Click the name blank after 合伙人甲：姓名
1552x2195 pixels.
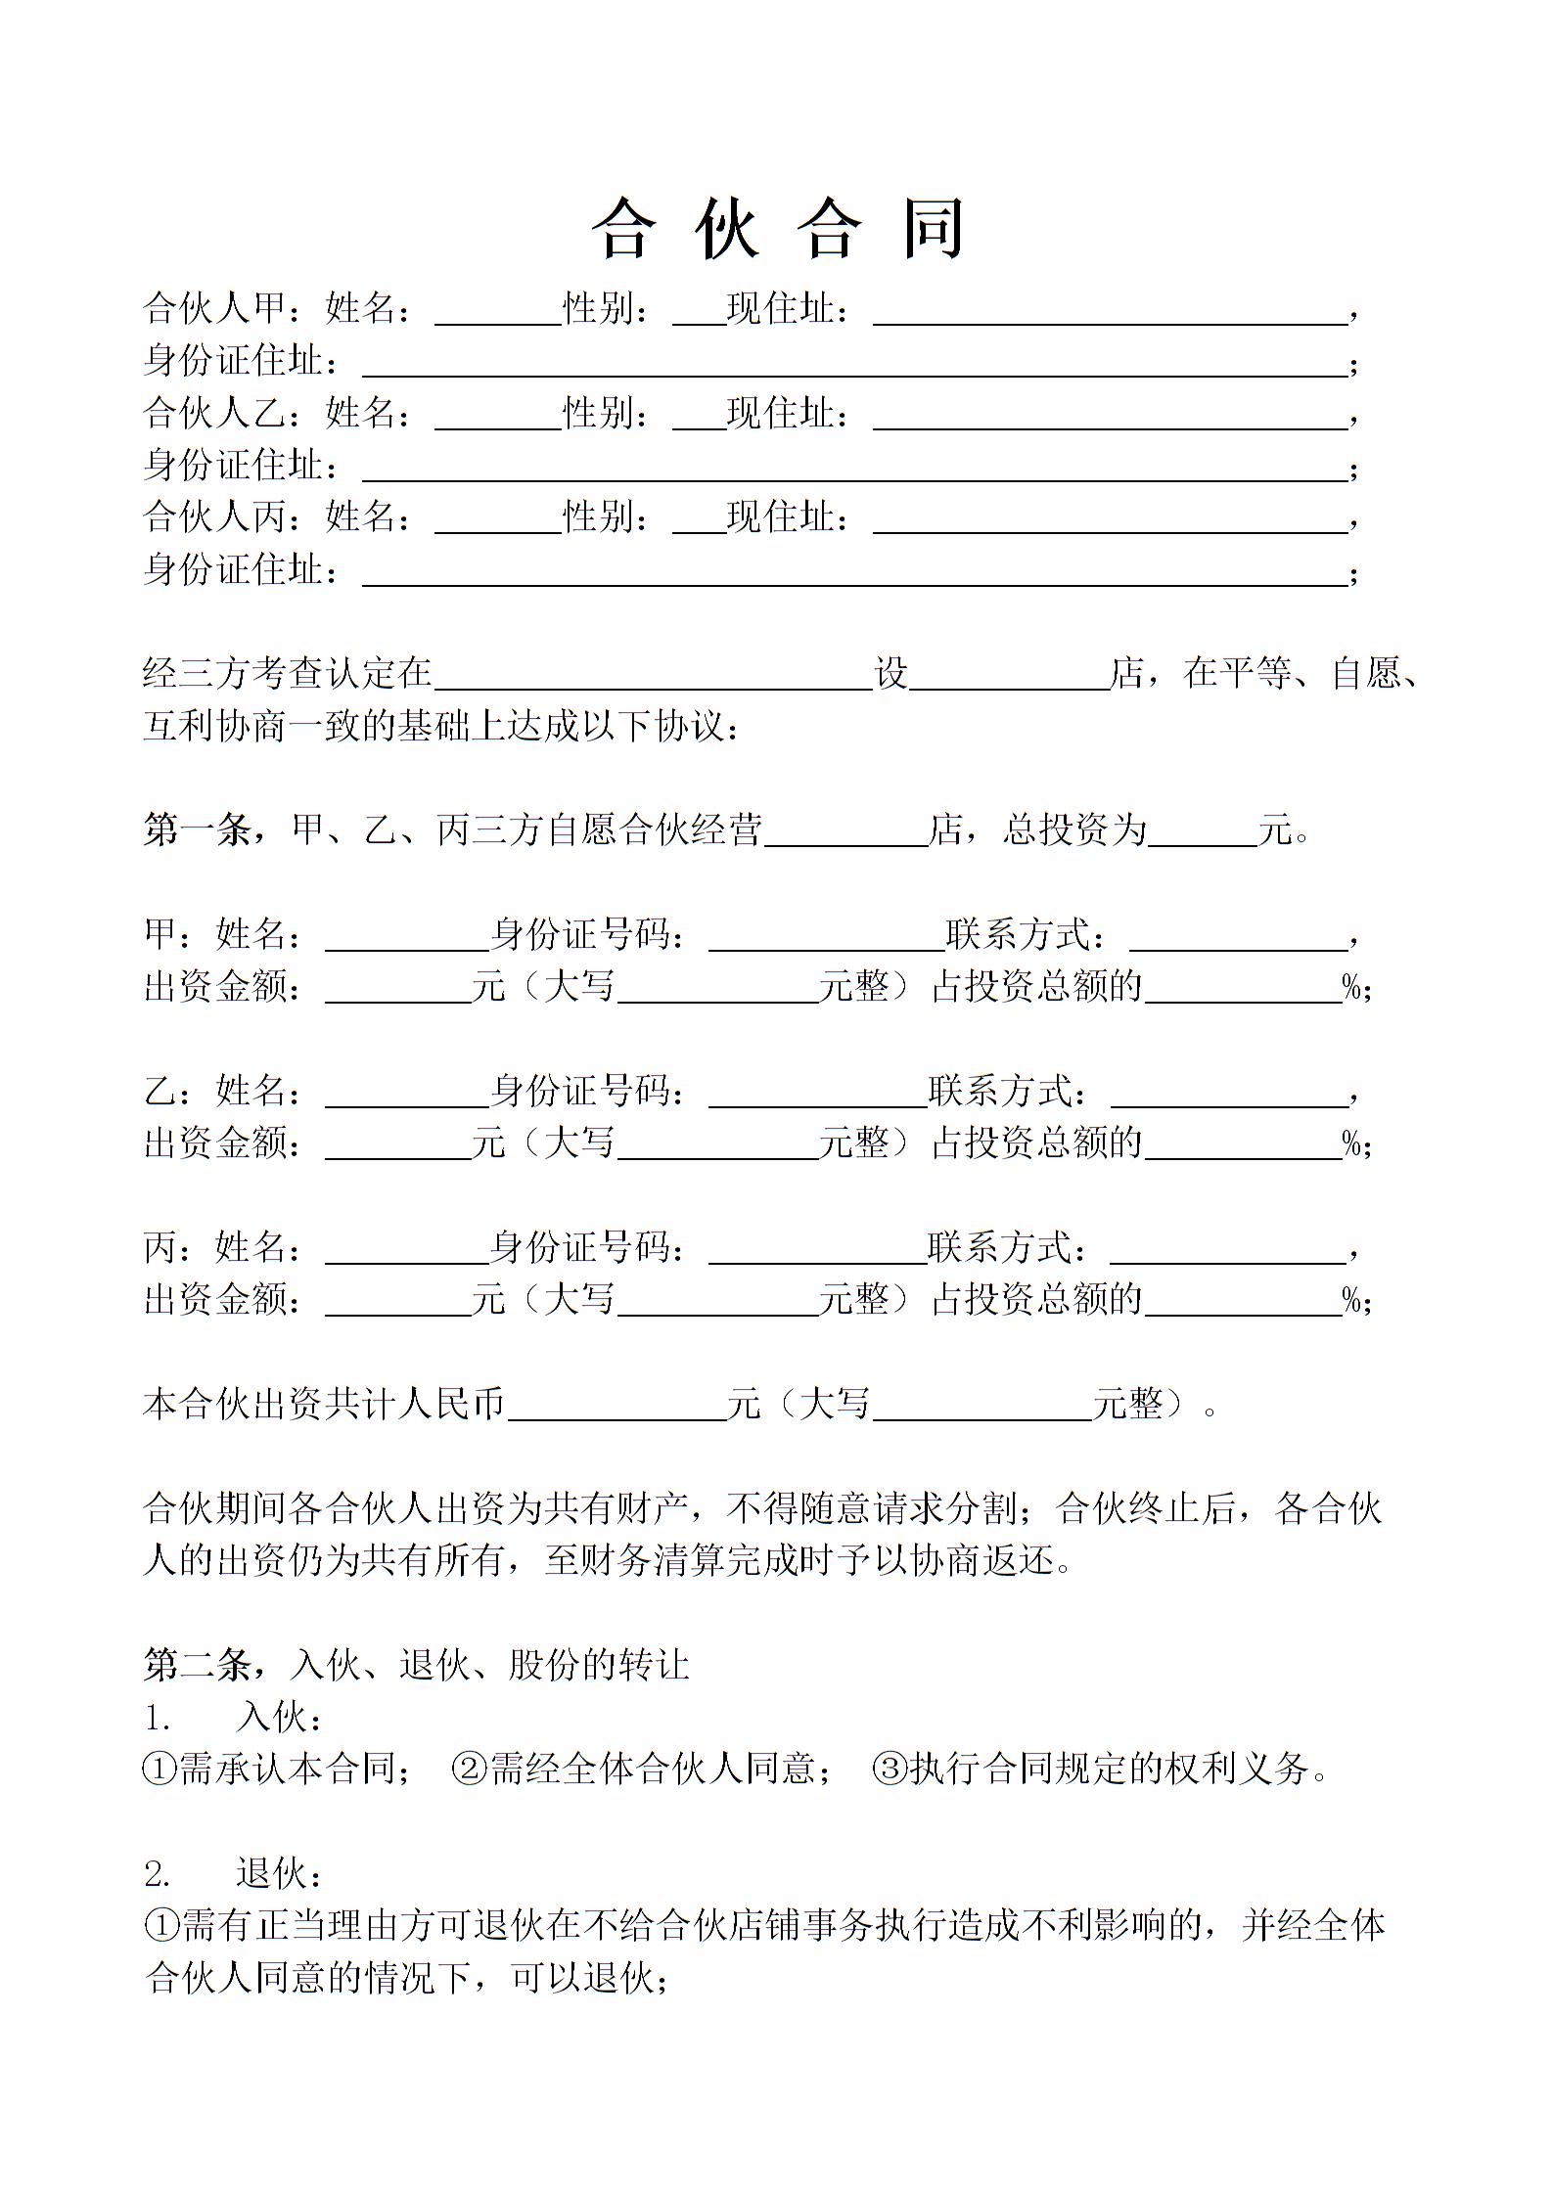click(x=497, y=312)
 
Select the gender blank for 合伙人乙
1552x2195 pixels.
click(x=698, y=417)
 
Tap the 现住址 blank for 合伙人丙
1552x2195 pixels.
click(x=1110, y=520)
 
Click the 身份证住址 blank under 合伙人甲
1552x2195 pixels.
click(x=854, y=364)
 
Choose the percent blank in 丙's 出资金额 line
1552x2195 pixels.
click(x=1243, y=1303)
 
